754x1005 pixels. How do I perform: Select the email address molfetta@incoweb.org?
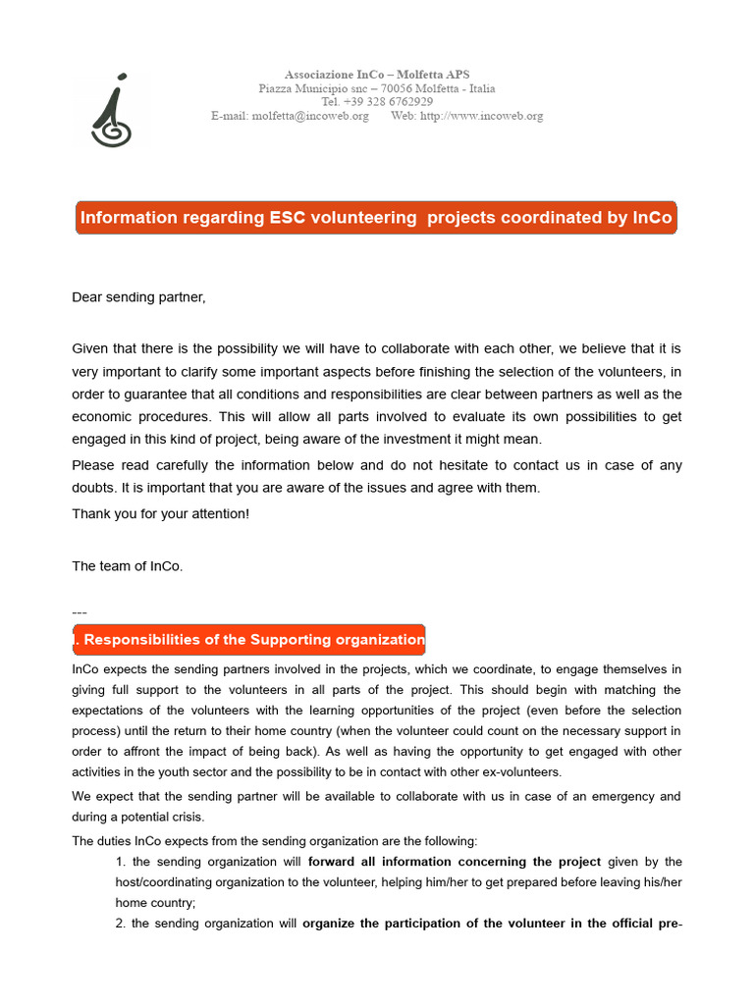pyautogui.click(x=310, y=116)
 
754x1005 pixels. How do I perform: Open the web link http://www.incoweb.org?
pyautogui.click(x=481, y=116)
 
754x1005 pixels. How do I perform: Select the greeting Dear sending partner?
pyautogui.click(x=139, y=297)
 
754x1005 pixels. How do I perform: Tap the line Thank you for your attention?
pyautogui.click(x=161, y=513)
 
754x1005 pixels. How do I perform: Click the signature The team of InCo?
pyautogui.click(x=128, y=565)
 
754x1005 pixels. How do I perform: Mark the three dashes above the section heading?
pyautogui.click(x=80, y=612)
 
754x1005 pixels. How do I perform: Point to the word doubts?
pyautogui.click(x=94, y=488)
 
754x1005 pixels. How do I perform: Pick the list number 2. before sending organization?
pyautogui.click(x=122, y=924)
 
